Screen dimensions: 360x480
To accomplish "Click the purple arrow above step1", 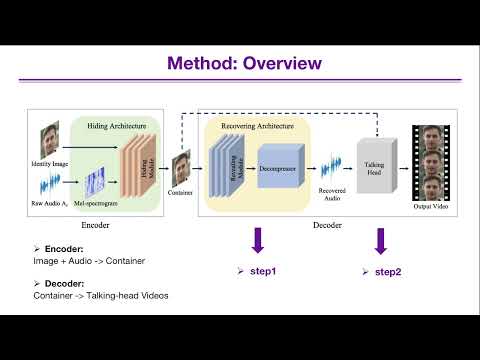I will click(258, 241).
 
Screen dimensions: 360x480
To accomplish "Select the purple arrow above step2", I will click(381, 241).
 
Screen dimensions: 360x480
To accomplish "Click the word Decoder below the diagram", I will click(327, 225).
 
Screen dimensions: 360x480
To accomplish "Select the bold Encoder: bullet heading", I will click(60, 247).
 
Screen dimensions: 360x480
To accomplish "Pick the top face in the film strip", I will click(433, 137).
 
